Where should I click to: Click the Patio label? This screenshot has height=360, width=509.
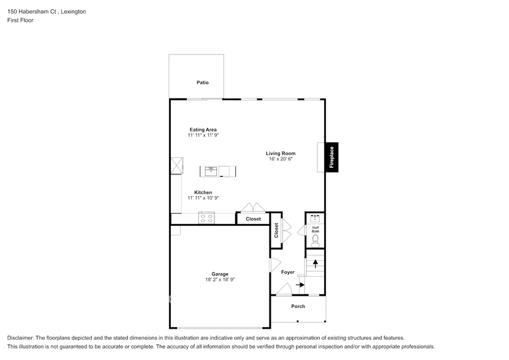[x=202, y=82]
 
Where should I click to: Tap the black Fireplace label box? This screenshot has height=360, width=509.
[x=332, y=157]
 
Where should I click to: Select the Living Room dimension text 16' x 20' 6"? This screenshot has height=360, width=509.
[x=281, y=159]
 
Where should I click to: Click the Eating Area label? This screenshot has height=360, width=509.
[x=203, y=130]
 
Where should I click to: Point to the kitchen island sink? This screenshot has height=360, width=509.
[x=211, y=171]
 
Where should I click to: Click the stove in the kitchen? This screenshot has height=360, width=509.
[x=206, y=217]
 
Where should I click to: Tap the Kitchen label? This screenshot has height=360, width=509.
[x=203, y=192]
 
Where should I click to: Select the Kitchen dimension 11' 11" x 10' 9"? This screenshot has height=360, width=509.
[x=203, y=198]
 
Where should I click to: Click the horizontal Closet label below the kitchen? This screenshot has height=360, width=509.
[x=253, y=219]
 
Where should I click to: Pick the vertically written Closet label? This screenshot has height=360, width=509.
[x=276, y=230]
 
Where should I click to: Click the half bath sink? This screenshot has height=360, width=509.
[x=315, y=218]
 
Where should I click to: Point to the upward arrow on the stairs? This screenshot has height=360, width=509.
[x=315, y=264]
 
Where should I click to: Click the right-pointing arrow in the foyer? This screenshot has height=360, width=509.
[x=301, y=285]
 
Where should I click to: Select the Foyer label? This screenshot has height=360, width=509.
[x=287, y=272]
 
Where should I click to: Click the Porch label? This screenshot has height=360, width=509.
[x=298, y=306]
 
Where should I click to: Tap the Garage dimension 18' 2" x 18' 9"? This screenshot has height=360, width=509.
[x=220, y=280]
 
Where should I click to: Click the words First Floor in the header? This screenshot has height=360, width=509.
[x=20, y=20]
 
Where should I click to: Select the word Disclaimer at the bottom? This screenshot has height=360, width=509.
[x=21, y=338]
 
